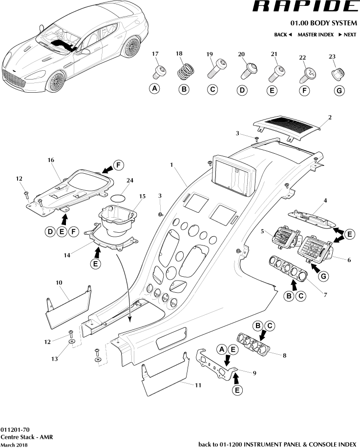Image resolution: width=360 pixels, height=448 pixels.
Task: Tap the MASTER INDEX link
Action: (x=316, y=35)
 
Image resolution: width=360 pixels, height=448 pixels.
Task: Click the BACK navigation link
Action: (x=283, y=35)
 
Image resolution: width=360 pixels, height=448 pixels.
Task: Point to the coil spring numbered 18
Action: (x=184, y=72)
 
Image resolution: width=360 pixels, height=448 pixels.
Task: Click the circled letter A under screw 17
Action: (x=155, y=89)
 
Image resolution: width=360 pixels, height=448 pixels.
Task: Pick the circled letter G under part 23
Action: (x=338, y=91)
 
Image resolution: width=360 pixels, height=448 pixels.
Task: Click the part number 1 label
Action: (x=171, y=165)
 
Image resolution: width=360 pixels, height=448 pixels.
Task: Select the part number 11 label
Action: (x=198, y=385)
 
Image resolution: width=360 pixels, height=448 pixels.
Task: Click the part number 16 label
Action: (x=50, y=160)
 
